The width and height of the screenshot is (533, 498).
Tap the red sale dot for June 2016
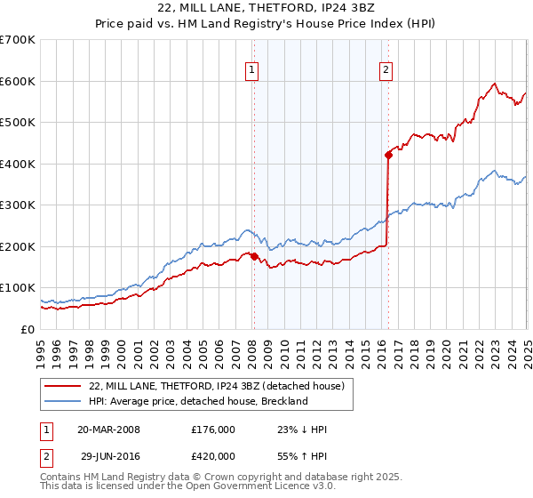[388, 155]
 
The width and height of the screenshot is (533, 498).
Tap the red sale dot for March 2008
[254, 256]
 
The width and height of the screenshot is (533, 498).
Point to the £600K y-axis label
[18, 81]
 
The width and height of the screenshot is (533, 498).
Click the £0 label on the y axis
[29, 329]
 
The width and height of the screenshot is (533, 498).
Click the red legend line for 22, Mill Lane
[63, 386]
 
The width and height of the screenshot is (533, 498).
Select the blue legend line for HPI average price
[63, 401]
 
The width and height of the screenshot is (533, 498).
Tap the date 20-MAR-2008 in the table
[108, 430]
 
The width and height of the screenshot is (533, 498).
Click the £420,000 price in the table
[212, 454]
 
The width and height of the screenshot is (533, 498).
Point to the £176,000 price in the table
[212, 430]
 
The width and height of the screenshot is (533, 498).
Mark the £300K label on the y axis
[18, 205]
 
